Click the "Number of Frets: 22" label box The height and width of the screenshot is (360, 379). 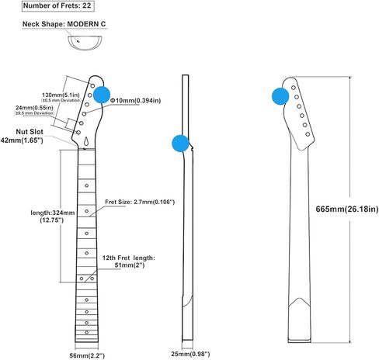[57, 6]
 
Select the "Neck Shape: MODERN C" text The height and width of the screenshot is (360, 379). [64, 24]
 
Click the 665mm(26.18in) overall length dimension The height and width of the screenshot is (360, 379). [347, 209]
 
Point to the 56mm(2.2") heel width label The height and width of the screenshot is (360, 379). [87, 355]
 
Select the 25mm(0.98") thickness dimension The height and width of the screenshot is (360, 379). [190, 354]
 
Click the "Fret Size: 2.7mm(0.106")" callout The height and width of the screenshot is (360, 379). [140, 202]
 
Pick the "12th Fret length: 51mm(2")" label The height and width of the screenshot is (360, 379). [129, 261]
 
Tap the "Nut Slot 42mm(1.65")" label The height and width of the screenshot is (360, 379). [23, 136]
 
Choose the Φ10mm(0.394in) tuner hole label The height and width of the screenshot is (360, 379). [135, 101]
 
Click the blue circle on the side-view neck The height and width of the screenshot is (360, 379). [180, 144]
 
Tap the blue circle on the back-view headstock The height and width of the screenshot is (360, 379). [280, 96]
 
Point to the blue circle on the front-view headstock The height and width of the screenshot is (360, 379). [102, 95]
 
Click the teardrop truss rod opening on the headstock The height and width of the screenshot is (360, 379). [87, 140]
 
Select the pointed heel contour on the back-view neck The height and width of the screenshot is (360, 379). [300, 302]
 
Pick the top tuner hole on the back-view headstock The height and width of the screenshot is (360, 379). [294, 88]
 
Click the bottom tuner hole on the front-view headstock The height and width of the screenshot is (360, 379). [78, 133]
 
